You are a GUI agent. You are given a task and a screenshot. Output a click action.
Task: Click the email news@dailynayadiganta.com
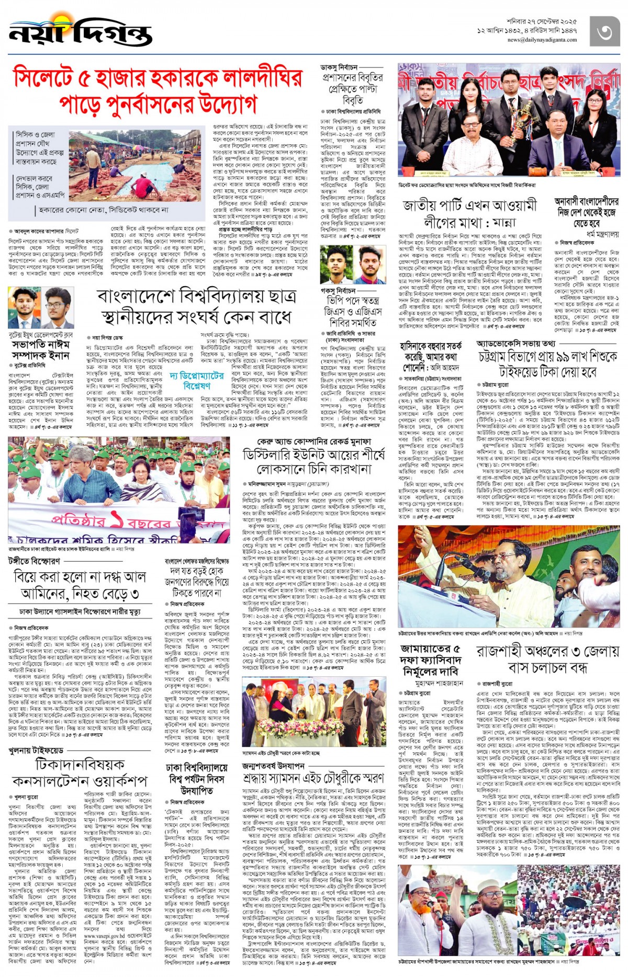click(x=542, y=40)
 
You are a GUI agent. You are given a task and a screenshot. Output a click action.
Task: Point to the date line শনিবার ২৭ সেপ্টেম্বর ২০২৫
click(x=542, y=22)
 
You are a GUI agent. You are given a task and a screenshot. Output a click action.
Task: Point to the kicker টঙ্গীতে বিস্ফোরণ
click(x=34, y=561)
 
